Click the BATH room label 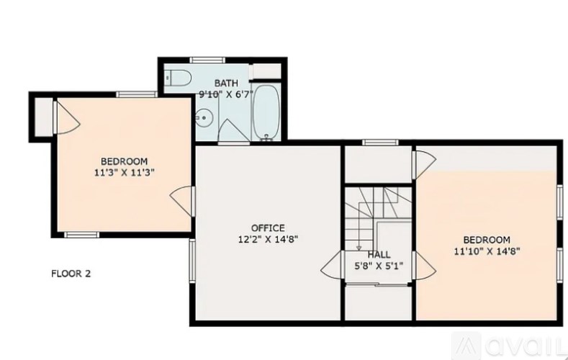coord(225,84)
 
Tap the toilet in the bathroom coord(176,77)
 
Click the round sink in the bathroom coord(204,116)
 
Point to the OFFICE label coord(267,228)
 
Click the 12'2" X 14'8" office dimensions coord(268,240)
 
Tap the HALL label coord(379,255)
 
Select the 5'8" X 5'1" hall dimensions coord(379,266)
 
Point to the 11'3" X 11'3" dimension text coord(125,172)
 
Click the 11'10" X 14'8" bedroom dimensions coord(487,251)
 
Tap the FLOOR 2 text coord(71,274)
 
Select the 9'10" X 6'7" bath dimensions coord(225,94)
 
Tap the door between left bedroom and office coord(183,201)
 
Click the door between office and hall coord(333,267)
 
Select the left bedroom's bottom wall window coord(81,234)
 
